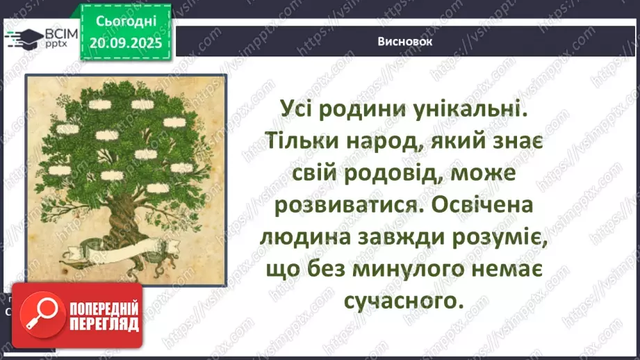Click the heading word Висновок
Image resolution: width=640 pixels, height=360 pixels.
point(406,41)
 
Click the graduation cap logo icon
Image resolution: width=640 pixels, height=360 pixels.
point(25,36)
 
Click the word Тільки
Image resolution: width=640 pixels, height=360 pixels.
point(303,141)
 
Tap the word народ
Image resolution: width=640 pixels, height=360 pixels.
point(398,141)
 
